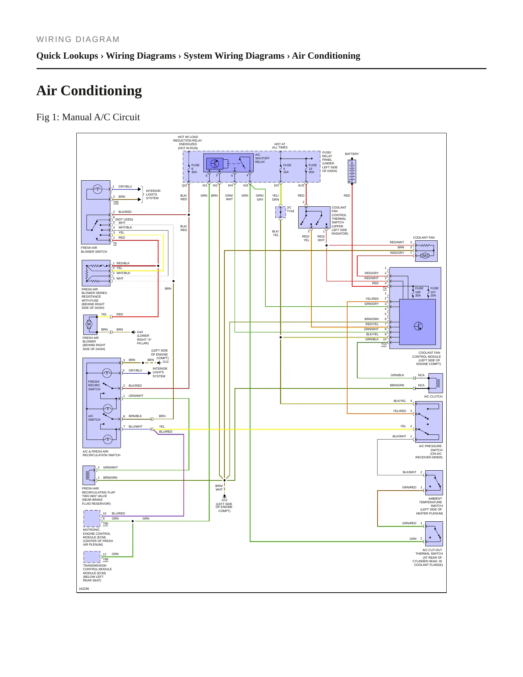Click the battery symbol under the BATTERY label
coord(352,171)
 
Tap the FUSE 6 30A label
coord(195,169)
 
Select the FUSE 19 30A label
coord(312,169)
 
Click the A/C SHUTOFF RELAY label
coord(262,158)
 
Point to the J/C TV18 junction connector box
coord(281,212)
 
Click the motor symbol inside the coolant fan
coord(425,256)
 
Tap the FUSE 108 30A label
coord(419,292)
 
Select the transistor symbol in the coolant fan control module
coord(418,326)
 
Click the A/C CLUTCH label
coord(433,396)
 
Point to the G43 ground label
coord(140,332)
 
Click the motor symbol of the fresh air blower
coord(89,324)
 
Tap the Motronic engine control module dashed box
coord(92,519)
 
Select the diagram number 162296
coord(84,589)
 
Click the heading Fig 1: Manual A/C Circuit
coord(88,117)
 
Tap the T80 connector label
coord(105,523)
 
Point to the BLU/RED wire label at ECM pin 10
coord(118,513)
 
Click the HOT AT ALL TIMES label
coord(280,146)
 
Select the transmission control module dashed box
coord(92,557)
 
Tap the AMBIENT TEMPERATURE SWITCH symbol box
coord(434,483)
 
